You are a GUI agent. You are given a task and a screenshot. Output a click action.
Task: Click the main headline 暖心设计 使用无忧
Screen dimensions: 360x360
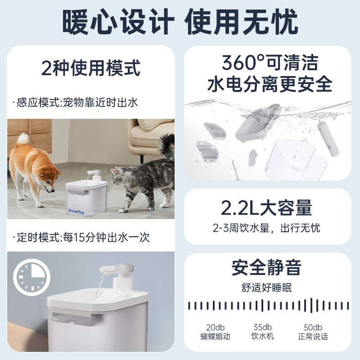[180, 20]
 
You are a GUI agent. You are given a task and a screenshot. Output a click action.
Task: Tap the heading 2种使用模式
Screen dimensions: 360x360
[90, 68]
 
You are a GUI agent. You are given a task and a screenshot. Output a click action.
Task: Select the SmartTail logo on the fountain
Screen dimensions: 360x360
[79, 210]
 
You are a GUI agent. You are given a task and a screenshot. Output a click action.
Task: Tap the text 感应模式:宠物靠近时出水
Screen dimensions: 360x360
[77, 103]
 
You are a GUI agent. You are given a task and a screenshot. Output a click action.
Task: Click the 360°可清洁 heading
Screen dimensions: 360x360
[269, 62]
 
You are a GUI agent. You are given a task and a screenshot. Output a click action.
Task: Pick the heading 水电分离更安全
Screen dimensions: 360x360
[269, 84]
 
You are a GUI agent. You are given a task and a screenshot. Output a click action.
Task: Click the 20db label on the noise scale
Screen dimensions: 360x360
[215, 327]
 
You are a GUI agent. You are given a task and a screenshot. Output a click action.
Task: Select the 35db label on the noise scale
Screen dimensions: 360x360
[262, 327]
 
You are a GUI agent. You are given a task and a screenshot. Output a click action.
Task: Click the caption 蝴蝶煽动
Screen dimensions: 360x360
[215, 337]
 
